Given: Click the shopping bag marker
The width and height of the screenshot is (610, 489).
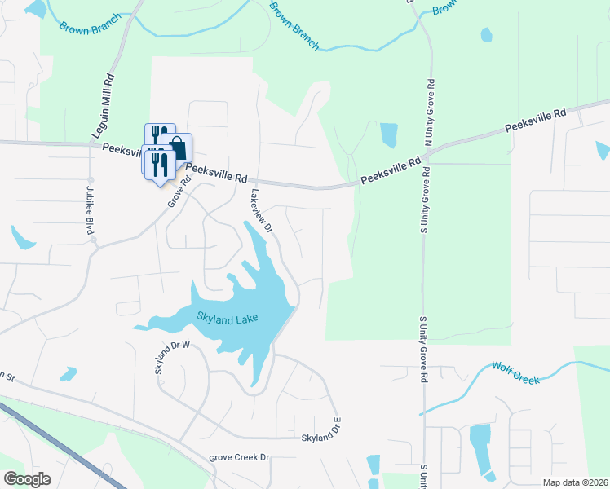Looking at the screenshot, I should point(179,148).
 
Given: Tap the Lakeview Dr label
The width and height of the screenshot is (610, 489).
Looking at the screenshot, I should point(261,213).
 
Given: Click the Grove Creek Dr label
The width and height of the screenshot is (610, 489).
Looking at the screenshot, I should point(239,458).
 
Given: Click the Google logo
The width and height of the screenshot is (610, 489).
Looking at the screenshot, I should point(27,478).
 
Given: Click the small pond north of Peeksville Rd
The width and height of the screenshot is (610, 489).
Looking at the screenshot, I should point(388,134).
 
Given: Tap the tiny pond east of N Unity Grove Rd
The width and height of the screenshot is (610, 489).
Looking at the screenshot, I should point(487,35).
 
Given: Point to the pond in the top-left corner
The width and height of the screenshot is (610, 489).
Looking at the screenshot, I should point(35,9).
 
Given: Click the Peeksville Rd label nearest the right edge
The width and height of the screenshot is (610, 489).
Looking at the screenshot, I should point(535,122).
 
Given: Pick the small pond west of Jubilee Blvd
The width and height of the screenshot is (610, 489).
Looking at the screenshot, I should point(22,237).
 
